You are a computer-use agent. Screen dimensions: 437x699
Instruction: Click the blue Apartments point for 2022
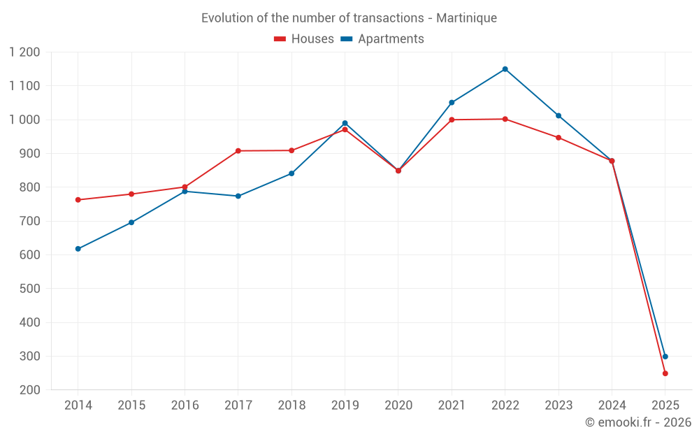505,69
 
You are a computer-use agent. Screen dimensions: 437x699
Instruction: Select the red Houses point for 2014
78,200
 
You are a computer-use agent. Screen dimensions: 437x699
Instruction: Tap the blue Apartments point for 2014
78,249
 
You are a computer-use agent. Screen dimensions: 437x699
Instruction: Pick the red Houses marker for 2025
665,373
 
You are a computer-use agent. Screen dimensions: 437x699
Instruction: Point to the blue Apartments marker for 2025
665,357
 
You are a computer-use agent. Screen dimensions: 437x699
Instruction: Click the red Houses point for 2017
238,151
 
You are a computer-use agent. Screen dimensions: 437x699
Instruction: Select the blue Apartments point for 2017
238,196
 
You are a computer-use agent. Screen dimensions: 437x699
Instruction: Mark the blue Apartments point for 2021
452,103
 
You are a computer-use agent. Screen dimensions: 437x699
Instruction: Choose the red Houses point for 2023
559,138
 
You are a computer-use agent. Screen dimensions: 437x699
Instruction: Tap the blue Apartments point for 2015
131,222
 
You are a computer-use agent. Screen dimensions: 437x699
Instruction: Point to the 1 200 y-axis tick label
25,52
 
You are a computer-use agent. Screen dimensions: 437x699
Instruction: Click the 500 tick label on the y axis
30,289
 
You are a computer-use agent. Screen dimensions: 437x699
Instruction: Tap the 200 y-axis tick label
30,390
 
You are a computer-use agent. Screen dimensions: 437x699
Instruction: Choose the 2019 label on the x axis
345,406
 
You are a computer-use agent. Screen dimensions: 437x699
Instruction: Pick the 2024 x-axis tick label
612,406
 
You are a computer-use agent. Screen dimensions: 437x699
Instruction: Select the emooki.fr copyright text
637,422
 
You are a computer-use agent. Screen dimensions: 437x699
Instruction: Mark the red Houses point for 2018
291,150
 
